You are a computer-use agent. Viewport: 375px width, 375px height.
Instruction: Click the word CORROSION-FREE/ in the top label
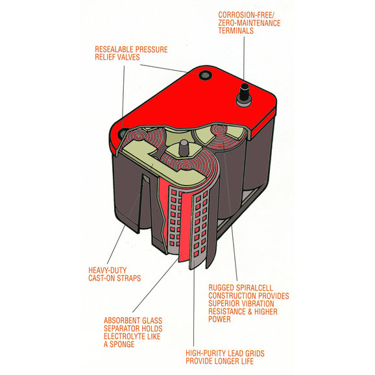pyautogui.click(x=246, y=15)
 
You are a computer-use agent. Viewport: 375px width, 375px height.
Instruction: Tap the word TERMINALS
pyautogui.click(x=236, y=30)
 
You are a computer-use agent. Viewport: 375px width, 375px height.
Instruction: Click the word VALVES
pyautogui.click(x=128, y=57)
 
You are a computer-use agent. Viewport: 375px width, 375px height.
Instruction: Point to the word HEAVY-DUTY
pyautogui.click(x=108, y=271)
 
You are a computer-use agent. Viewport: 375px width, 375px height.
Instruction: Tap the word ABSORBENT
pyautogui.click(x=122, y=321)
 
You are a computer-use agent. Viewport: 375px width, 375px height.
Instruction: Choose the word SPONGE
pyautogui.click(x=122, y=345)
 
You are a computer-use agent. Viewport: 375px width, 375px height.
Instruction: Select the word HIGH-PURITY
pyautogui.click(x=206, y=354)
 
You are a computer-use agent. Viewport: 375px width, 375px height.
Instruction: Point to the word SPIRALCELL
pyautogui.click(x=254, y=287)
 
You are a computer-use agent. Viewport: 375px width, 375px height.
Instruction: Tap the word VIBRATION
pyautogui.click(x=257, y=304)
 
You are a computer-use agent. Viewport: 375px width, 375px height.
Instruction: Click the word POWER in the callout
pyautogui.click(x=219, y=319)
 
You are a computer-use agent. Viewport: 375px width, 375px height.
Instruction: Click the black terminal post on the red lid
pyautogui.click(x=244, y=92)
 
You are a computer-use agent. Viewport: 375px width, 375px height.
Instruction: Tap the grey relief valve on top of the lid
pyautogui.click(x=205, y=75)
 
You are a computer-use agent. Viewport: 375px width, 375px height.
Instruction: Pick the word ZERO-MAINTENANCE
pyautogui.click(x=249, y=23)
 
